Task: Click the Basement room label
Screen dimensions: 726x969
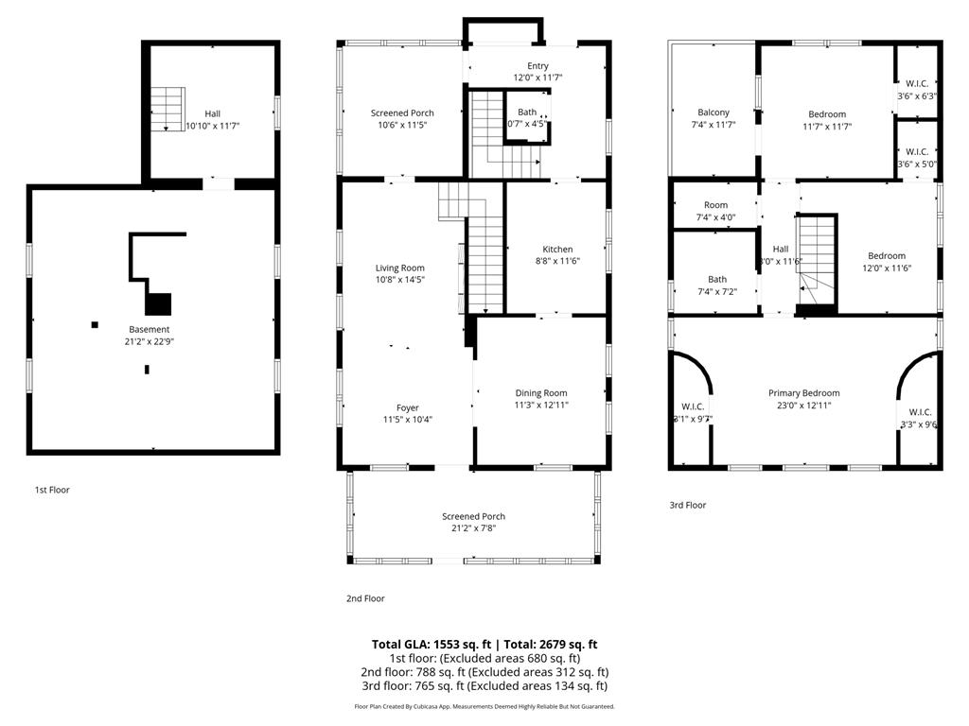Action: point(150,329)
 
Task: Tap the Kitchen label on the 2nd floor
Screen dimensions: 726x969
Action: point(557,250)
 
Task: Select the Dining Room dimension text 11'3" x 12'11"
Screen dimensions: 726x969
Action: point(541,405)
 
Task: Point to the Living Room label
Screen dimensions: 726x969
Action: point(399,268)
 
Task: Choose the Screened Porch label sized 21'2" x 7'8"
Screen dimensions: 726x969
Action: point(473,516)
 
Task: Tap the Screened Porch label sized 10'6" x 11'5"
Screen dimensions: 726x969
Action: point(402,113)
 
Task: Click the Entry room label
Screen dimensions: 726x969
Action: point(537,65)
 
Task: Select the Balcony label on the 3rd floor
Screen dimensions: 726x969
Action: point(713,112)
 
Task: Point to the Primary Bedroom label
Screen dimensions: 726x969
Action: point(803,393)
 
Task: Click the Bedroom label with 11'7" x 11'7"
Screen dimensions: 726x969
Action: point(827,114)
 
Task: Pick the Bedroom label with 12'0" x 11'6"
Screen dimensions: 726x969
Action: point(887,255)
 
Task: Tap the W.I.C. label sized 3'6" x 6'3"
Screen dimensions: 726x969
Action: point(916,84)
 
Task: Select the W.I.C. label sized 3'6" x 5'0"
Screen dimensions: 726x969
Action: point(916,151)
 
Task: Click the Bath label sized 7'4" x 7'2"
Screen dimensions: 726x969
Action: point(717,279)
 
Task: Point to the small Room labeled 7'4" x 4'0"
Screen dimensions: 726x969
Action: point(715,205)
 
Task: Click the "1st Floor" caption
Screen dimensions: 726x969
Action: point(52,490)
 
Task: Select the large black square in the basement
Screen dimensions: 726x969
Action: point(159,303)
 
